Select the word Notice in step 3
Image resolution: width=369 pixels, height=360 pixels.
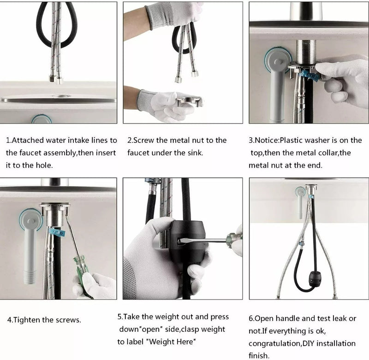pos(268,140)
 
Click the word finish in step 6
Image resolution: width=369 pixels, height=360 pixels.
pos(259,356)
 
